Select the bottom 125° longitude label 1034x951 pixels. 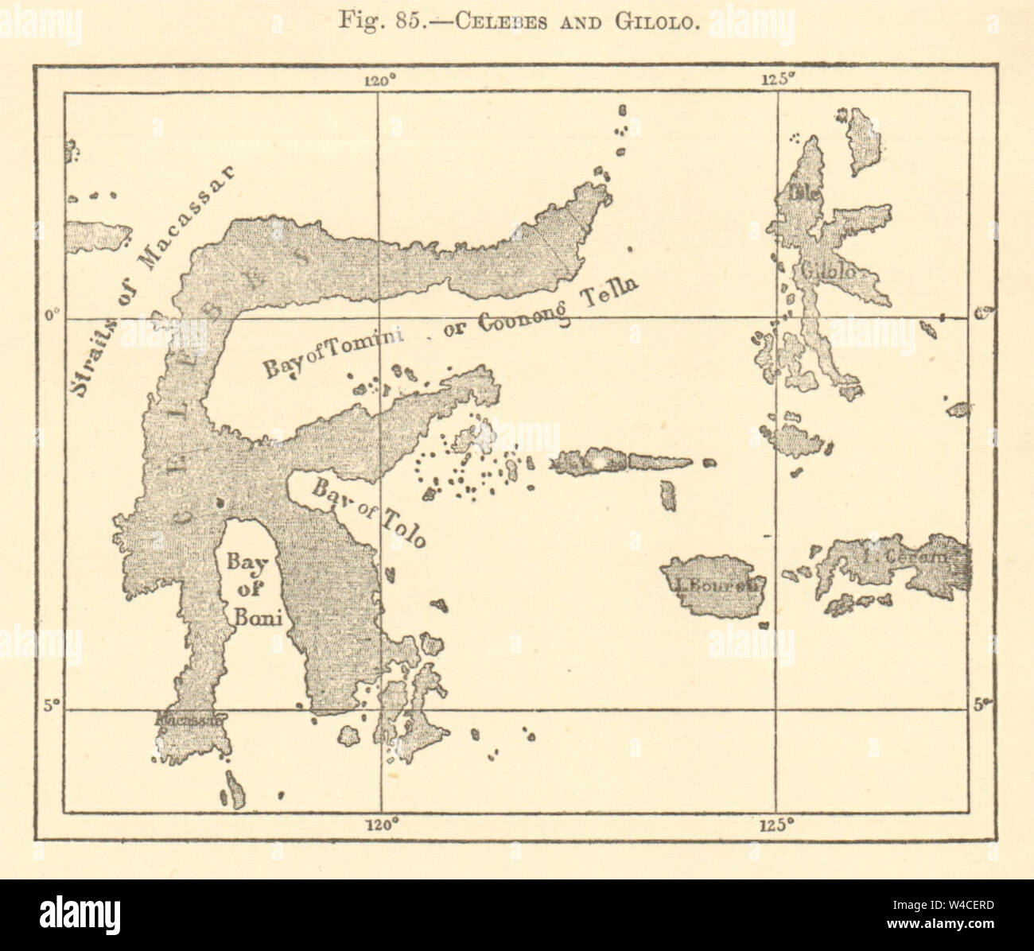[x=777, y=824]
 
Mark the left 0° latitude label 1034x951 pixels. [x=51, y=317]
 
